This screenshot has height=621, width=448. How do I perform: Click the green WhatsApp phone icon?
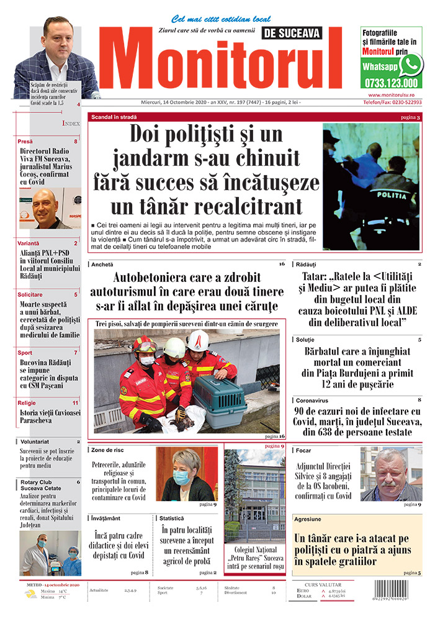(x=410, y=65)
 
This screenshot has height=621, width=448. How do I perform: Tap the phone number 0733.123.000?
(x=391, y=83)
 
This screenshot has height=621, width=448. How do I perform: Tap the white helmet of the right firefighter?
(x=198, y=340)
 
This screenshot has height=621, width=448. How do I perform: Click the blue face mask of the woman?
(x=181, y=477)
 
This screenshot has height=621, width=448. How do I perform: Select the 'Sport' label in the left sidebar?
(x=25, y=352)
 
